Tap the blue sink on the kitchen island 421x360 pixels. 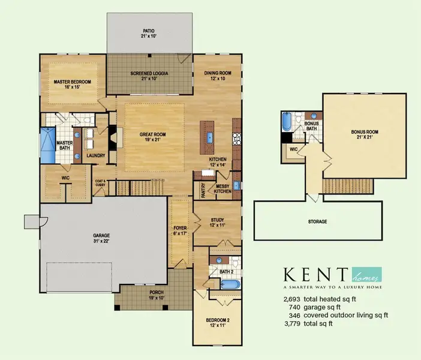(209, 137)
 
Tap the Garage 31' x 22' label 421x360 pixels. (101, 238)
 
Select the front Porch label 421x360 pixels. (155, 295)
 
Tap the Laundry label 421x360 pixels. (96, 155)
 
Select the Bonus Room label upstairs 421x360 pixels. (365, 134)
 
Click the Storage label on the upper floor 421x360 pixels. (318, 221)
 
